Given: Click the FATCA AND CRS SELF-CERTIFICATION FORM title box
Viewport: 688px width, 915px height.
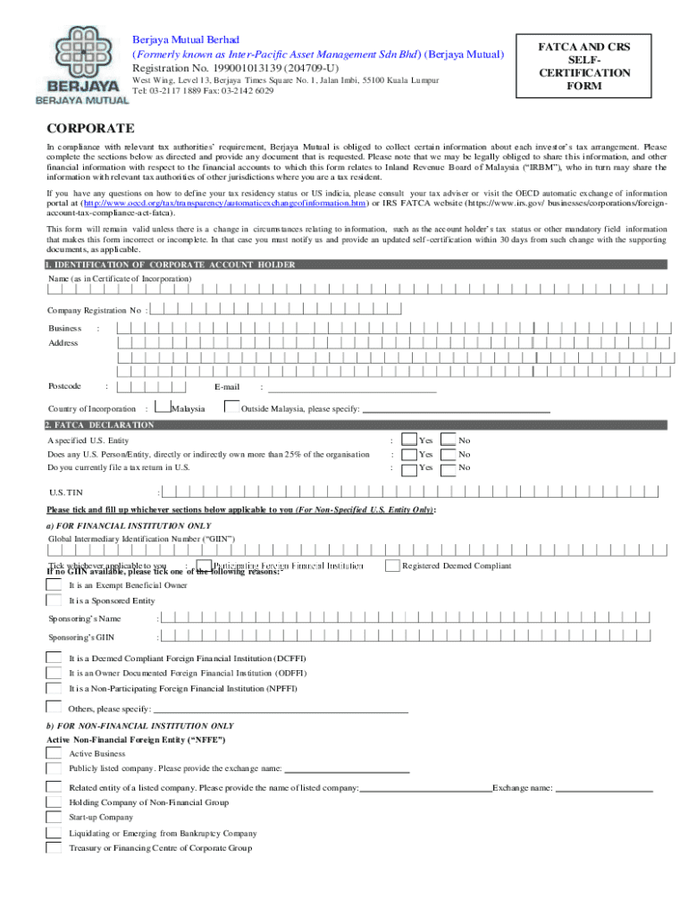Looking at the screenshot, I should tap(583, 66).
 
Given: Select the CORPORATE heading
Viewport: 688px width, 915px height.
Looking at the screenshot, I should tap(90, 129).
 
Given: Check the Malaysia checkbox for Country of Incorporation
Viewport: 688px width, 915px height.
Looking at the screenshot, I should tap(161, 407).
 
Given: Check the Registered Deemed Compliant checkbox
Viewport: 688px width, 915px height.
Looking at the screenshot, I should tap(392, 566).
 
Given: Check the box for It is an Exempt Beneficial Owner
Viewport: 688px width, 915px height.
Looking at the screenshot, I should tap(55, 584).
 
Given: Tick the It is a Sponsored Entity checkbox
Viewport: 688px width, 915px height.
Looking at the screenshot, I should tap(55, 600).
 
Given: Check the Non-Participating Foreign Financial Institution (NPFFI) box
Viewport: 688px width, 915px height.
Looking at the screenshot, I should tap(55, 689).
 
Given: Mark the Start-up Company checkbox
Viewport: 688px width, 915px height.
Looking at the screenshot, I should tap(55, 817).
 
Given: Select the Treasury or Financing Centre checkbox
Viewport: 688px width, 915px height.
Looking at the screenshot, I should tap(55, 848).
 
